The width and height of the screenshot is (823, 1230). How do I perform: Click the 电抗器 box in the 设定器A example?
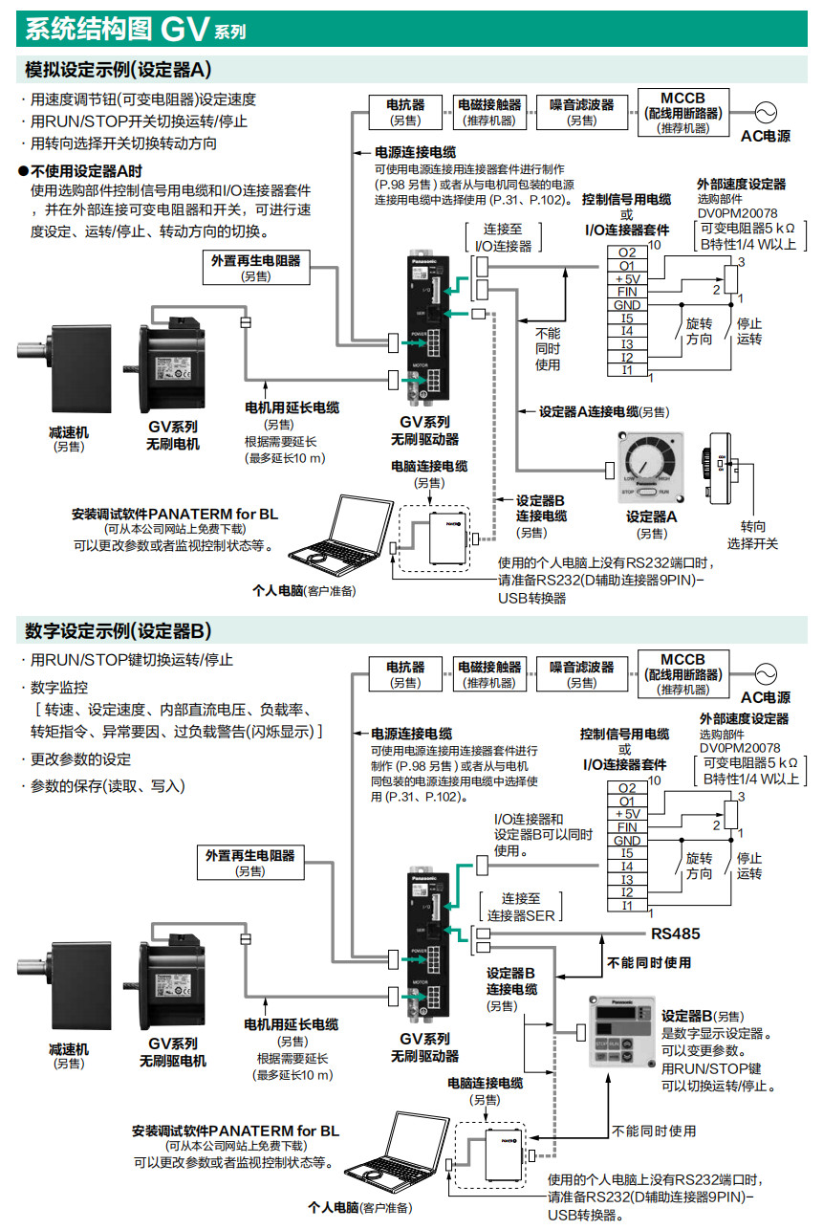point(405,111)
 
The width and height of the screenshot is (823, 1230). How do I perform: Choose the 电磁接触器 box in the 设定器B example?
point(488,673)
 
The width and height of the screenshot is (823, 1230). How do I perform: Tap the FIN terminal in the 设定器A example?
point(626,292)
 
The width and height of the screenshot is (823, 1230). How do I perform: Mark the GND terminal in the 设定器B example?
point(626,841)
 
